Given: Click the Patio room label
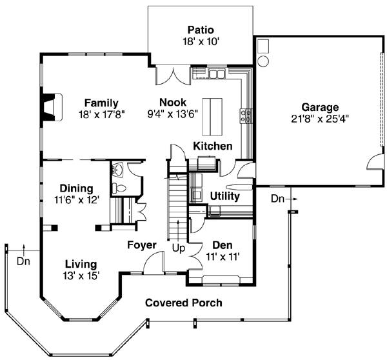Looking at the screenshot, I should tap(200, 30).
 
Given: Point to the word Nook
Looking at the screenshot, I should tap(173, 102).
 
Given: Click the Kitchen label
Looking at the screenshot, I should tap(213, 146).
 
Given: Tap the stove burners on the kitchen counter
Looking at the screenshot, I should tap(245, 115).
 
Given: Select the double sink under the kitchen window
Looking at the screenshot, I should tap(216, 74).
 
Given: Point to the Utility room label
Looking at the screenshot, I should tap(225, 195).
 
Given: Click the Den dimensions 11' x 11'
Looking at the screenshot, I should tap(223, 256).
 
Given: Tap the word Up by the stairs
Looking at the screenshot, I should tap(178, 246).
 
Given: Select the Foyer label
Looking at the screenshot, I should tap(141, 245).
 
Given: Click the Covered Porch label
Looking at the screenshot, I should tap(183, 303).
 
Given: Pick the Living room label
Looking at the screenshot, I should tap(81, 264).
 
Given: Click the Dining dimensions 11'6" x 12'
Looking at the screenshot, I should tap(76, 200).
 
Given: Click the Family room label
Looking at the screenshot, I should tap(101, 102).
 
